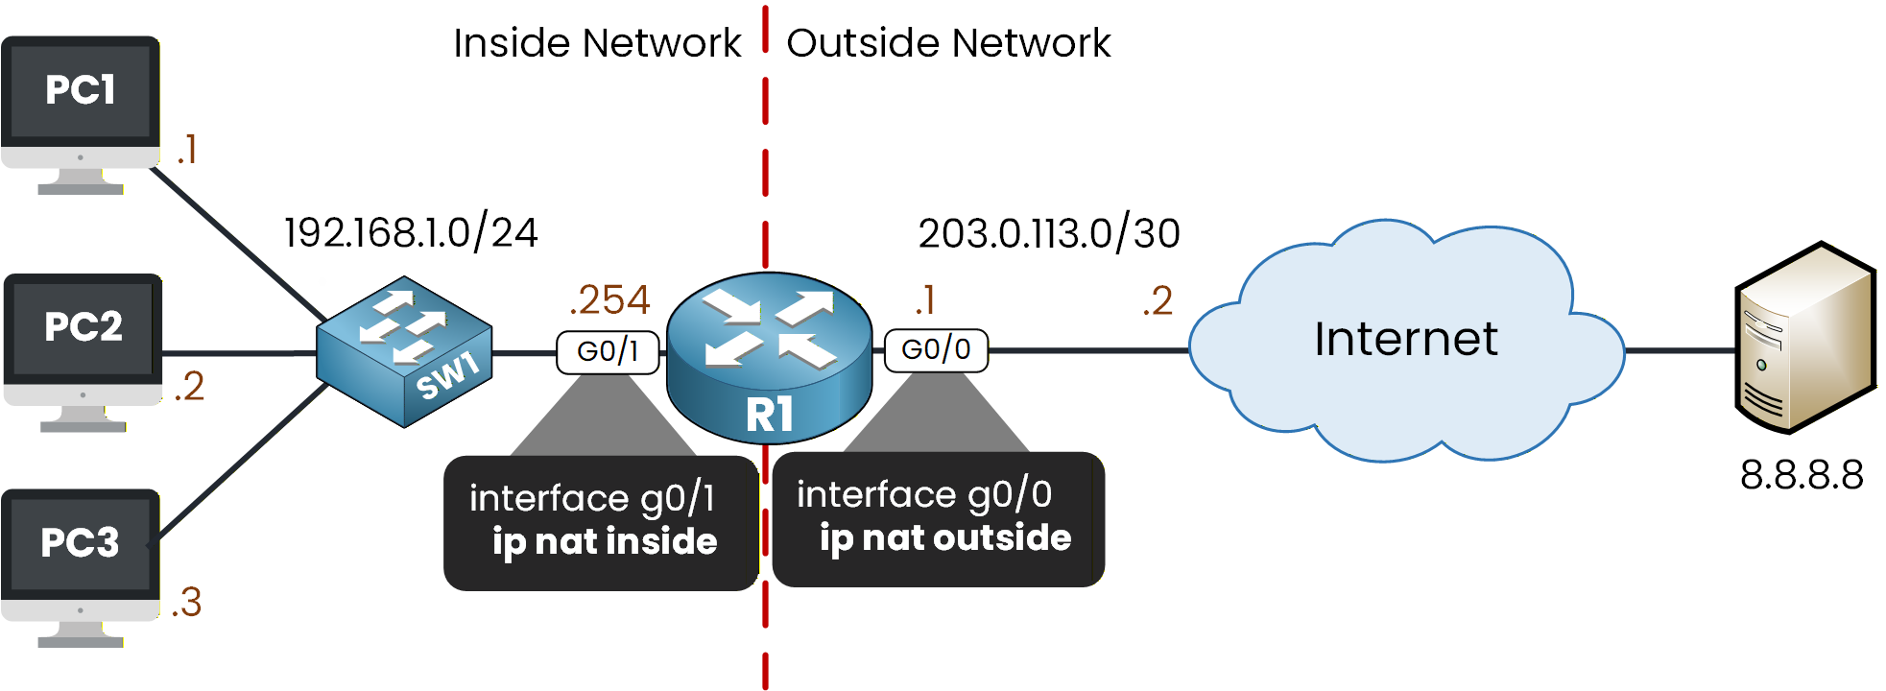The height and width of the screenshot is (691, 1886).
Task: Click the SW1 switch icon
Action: click(x=404, y=351)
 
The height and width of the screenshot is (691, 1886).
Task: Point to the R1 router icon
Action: click(x=769, y=357)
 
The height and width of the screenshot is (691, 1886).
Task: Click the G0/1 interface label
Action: click(x=608, y=351)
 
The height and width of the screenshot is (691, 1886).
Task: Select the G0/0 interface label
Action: click(x=936, y=349)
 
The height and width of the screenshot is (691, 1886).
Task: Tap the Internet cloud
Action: click(x=1405, y=341)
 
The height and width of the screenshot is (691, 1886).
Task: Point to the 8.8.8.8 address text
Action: click(x=1802, y=475)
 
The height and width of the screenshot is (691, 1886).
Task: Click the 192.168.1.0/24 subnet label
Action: click(x=411, y=233)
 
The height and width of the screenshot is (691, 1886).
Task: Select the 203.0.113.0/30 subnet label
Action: click(x=1049, y=234)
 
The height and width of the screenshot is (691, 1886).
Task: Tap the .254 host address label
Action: click(x=610, y=300)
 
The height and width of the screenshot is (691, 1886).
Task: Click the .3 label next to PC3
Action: click(x=187, y=603)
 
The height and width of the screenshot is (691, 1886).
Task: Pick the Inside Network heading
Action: click(x=597, y=43)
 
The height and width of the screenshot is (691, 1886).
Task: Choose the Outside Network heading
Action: click(x=948, y=43)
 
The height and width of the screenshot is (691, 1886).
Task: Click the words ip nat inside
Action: click(x=605, y=542)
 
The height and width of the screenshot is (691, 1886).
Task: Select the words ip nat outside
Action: click(x=945, y=538)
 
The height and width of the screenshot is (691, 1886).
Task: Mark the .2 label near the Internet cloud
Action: click(x=1158, y=301)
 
